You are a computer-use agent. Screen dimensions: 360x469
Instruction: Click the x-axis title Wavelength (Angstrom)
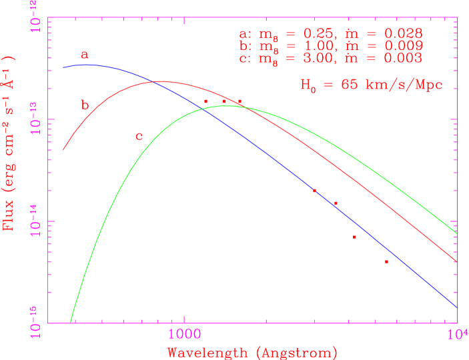coord(252,352)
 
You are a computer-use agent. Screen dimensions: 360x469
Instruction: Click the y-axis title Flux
coord(9,142)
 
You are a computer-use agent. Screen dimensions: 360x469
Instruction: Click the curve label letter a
coord(85,55)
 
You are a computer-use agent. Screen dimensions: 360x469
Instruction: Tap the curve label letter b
coord(85,105)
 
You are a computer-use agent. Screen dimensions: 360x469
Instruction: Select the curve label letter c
coord(139,137)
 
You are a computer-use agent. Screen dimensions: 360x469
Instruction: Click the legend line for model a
coord(330,35)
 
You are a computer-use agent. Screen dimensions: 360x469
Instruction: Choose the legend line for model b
coord(330,46)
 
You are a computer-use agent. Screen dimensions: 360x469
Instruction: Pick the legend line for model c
coord(330,58)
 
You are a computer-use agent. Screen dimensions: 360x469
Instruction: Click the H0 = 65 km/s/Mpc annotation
coord(371,85)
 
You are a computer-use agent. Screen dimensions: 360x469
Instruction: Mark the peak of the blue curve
coord(90,65)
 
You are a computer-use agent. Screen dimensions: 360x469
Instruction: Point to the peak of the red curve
coord(160,82)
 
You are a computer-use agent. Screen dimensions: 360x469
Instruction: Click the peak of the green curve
coord(227,105)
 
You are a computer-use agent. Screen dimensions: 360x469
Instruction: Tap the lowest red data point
coord(386,261)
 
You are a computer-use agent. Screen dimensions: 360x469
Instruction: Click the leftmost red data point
coord(205,101)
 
